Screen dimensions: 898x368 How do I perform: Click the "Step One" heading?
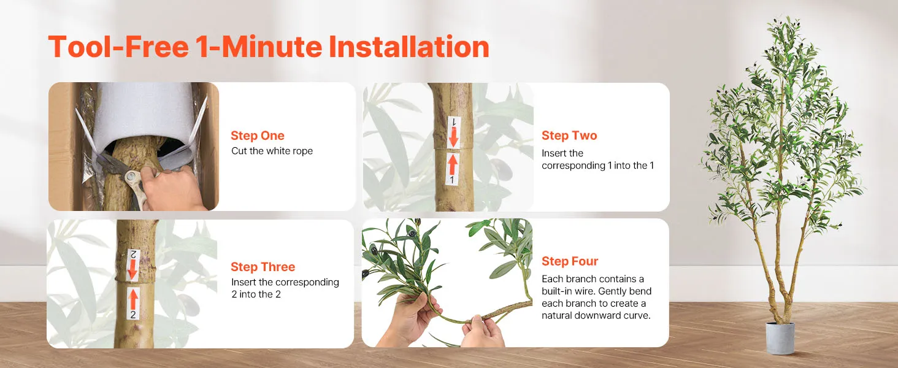(258, 136)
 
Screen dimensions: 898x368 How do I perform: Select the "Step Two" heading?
(569, 136)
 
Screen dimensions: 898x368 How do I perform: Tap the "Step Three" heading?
(263, 267)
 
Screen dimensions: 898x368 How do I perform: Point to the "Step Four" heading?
(570, 261)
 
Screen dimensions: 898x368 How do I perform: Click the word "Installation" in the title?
(409, 47)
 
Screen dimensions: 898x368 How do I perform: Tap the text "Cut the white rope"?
(272, 151)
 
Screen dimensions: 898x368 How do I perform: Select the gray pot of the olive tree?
(780, 339)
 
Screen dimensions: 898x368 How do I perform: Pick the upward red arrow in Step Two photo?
(453, 164)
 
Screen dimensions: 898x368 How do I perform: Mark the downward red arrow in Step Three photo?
(132, 270)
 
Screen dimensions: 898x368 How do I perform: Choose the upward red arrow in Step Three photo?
(134, 299)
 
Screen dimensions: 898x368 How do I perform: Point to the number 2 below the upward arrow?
(133, 315)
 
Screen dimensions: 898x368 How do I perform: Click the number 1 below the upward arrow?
(452, 180)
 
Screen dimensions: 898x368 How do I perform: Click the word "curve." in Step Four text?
(637, 315)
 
